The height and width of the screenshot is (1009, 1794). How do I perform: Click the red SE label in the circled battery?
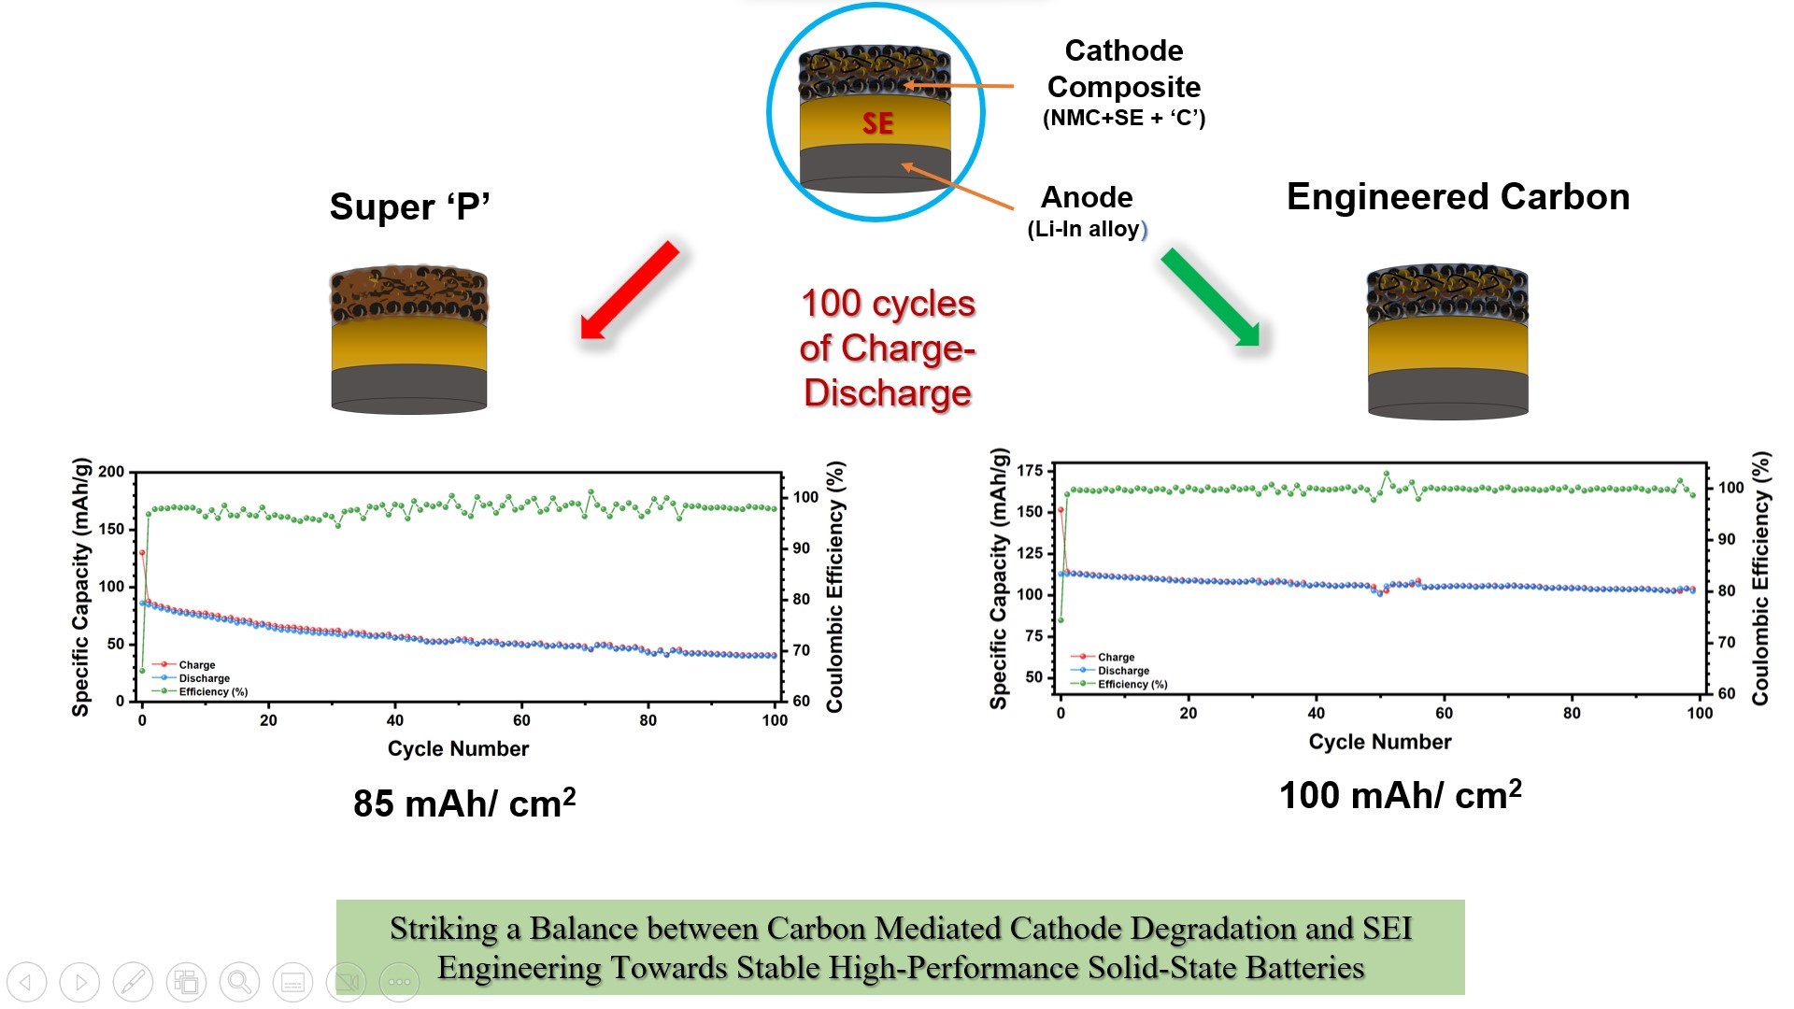877,123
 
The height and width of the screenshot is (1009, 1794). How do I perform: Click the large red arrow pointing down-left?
630,290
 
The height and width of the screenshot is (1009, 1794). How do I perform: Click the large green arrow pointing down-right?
1210,297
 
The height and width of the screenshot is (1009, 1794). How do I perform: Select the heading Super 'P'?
409,206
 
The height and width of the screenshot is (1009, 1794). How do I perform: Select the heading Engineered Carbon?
1458,197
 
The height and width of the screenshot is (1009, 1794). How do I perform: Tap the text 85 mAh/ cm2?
464,803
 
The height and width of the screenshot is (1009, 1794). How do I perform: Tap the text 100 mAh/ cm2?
1400,795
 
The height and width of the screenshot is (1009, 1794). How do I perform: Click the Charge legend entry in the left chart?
196,664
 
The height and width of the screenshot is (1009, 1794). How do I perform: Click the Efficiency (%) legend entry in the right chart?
1132,684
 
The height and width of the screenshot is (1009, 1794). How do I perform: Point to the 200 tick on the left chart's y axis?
111,472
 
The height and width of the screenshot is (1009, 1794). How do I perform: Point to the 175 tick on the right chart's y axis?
1030,470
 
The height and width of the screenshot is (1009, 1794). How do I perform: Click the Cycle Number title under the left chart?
458,748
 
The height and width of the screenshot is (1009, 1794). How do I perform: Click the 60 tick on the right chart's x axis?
1444,713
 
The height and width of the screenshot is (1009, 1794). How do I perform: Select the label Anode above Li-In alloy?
1087,197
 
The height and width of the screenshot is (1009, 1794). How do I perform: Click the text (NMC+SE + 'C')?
1124,118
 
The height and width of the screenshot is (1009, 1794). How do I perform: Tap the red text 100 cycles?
888,304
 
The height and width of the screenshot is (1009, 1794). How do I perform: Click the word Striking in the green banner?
443,928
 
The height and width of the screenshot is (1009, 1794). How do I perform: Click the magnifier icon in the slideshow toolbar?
239,982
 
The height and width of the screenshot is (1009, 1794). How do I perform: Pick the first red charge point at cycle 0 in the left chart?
142,553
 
